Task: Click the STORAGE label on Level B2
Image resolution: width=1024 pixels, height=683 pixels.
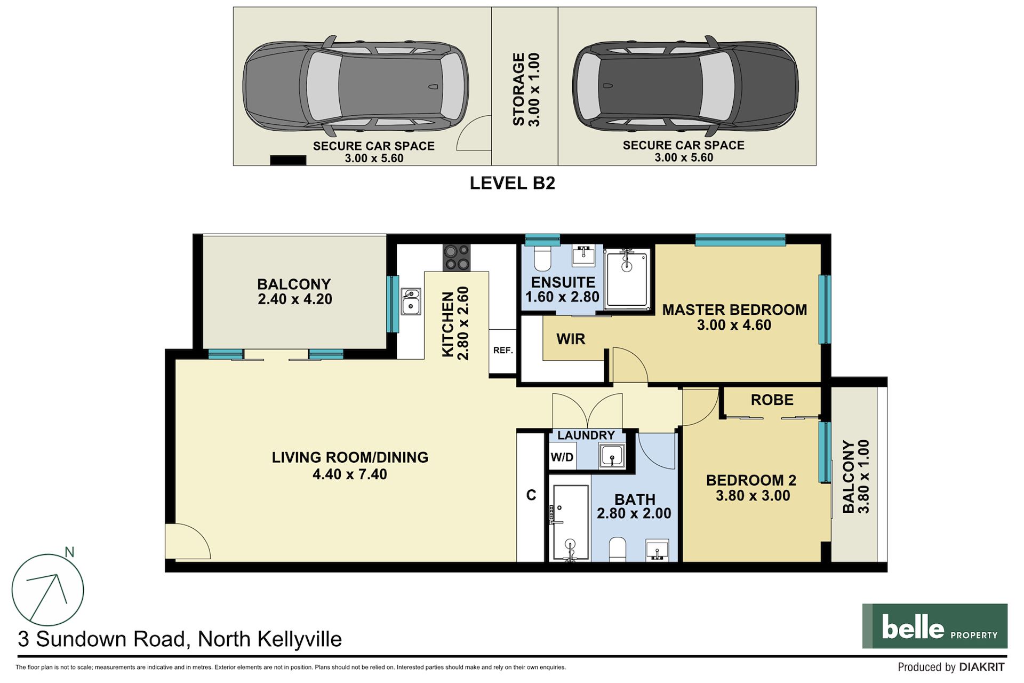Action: tap(518, 89)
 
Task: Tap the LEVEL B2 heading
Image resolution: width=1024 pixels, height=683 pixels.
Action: tap(512, 183)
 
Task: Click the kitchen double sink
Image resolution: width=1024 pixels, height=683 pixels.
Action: tap(411, 301)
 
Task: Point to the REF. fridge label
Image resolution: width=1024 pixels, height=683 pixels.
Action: tap(503, 350)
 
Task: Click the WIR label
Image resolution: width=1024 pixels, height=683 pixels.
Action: tap(571, 339)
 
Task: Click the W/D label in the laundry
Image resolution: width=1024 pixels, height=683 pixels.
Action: tap(562, 457)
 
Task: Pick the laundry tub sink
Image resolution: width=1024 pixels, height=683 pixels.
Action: tap(612, 456)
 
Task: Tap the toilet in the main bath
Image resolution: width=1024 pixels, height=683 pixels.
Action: tap(618, 550)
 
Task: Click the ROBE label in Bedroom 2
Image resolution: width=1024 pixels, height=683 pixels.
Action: tap(772, 400)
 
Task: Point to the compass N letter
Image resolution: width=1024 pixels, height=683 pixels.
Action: tap(69, 552)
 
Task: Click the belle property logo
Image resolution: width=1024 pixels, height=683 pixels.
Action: tap(934, 626)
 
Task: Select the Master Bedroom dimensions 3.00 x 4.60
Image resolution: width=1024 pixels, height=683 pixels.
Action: tap(734, 325)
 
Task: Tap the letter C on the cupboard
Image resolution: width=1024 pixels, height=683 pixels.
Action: tap(531, 495)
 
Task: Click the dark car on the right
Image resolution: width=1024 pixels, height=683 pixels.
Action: tap(685, 85)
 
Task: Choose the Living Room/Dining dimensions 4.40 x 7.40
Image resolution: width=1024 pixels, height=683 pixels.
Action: tap(350, 474)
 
